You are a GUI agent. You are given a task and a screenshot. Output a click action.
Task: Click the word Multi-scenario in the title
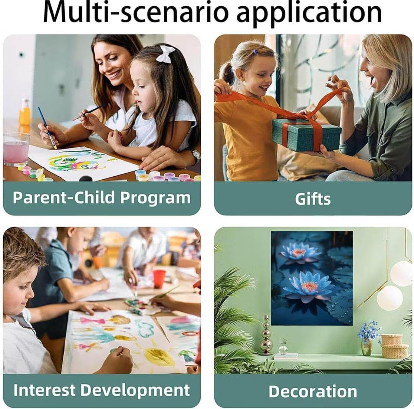(135, 12)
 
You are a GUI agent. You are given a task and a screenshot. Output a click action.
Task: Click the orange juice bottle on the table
(24, 112)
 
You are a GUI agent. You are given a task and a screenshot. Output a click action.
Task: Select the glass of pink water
(16, 149)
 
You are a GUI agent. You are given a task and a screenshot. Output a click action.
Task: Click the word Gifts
(313, 199)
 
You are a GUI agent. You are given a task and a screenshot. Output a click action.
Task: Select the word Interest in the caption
(44, 390)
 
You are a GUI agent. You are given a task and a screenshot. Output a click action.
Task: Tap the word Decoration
(313, 391)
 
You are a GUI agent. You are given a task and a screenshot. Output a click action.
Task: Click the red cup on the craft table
(159, 279)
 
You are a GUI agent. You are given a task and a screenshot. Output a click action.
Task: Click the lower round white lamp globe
(390, 298)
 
